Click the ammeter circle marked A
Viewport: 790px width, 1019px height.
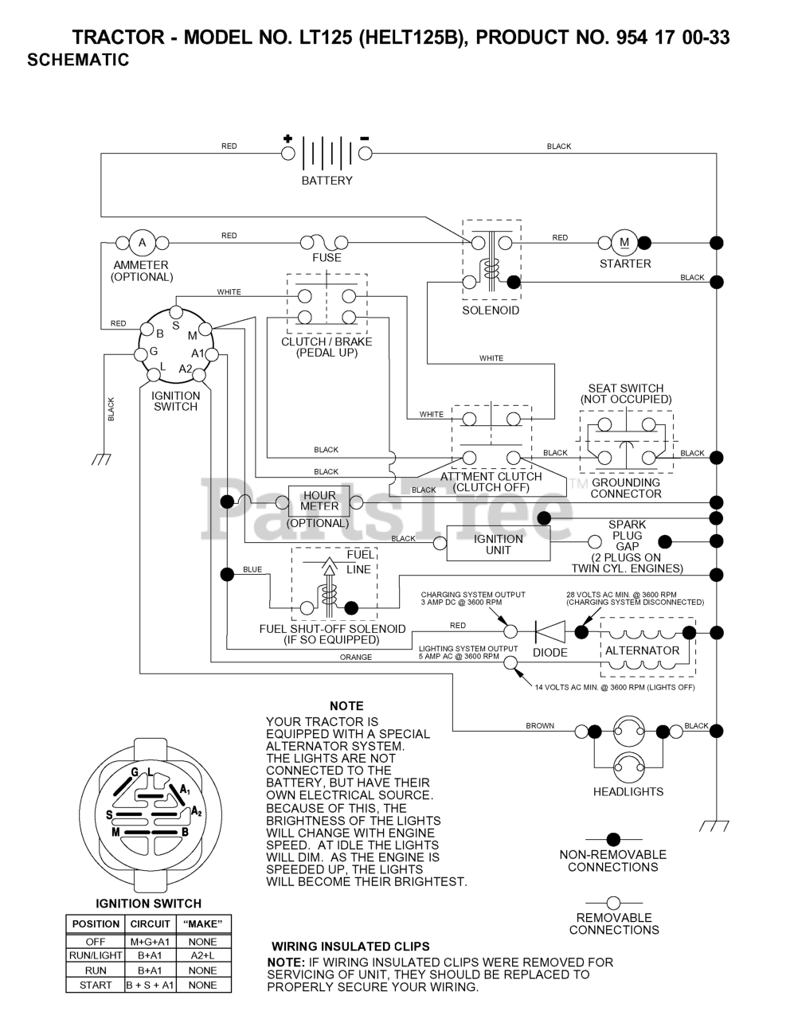[142, 243]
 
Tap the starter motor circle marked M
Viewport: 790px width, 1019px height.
[624, 243]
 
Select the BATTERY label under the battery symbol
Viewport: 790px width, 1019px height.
[327, 181]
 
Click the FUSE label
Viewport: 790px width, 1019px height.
[327, 257]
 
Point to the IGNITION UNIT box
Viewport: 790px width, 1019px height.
[499, 544]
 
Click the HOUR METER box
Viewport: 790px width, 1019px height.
[319, 501]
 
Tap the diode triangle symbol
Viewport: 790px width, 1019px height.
[550, 632]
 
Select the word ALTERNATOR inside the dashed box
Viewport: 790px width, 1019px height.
[642, 650]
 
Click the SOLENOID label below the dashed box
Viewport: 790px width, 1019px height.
[491, 310]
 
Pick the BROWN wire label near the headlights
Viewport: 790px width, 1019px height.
[540, 725]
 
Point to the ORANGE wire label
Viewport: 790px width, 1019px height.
[356, 658]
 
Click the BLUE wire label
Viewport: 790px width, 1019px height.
[252, 569]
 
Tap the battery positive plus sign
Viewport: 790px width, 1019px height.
[287, 139]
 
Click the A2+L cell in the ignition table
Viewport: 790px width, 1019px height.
[202, 955]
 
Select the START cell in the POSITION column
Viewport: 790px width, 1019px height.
[96, 986]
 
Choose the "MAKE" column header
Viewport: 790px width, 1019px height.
[202, 923]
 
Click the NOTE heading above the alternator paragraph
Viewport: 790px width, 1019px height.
[346, 706]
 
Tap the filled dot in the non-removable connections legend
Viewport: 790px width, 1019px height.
[613, 839]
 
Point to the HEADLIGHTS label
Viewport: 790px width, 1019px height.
[628, 791]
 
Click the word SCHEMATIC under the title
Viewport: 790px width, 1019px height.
[78, 60]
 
